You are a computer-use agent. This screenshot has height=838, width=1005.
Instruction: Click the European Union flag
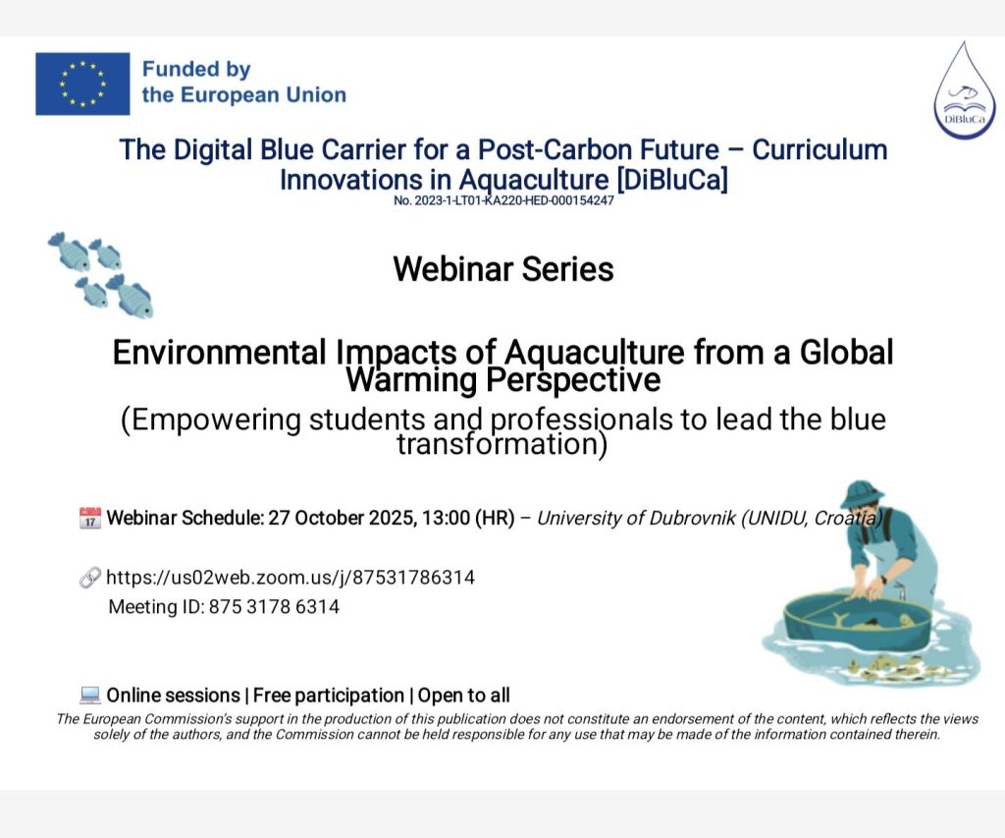click(82, 84)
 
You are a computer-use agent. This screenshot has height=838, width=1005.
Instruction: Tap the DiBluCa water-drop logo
click(964, 90)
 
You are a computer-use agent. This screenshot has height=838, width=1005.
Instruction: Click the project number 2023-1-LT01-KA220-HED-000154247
click(503, 200)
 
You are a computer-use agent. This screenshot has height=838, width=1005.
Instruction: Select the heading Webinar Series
click(503, 269)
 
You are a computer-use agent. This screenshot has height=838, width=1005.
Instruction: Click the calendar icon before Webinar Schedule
click(89, 518)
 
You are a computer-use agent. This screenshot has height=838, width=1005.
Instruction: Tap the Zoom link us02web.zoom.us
click(291, 578)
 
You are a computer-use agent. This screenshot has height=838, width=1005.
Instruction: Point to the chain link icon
click(89, 578)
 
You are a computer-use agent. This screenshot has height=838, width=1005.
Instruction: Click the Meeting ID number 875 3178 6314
click(275, 607)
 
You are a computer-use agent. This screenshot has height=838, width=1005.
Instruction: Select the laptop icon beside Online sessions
click(89, 695)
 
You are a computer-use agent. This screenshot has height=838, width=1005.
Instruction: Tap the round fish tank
click(857, 622)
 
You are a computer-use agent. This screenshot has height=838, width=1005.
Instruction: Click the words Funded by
click(196, 70)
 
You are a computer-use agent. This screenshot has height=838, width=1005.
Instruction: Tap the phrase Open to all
click(464, 695)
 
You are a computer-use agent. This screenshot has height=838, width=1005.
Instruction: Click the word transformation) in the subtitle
click(502, 444)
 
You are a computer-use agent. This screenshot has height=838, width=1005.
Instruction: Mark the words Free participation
click(329, 696)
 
